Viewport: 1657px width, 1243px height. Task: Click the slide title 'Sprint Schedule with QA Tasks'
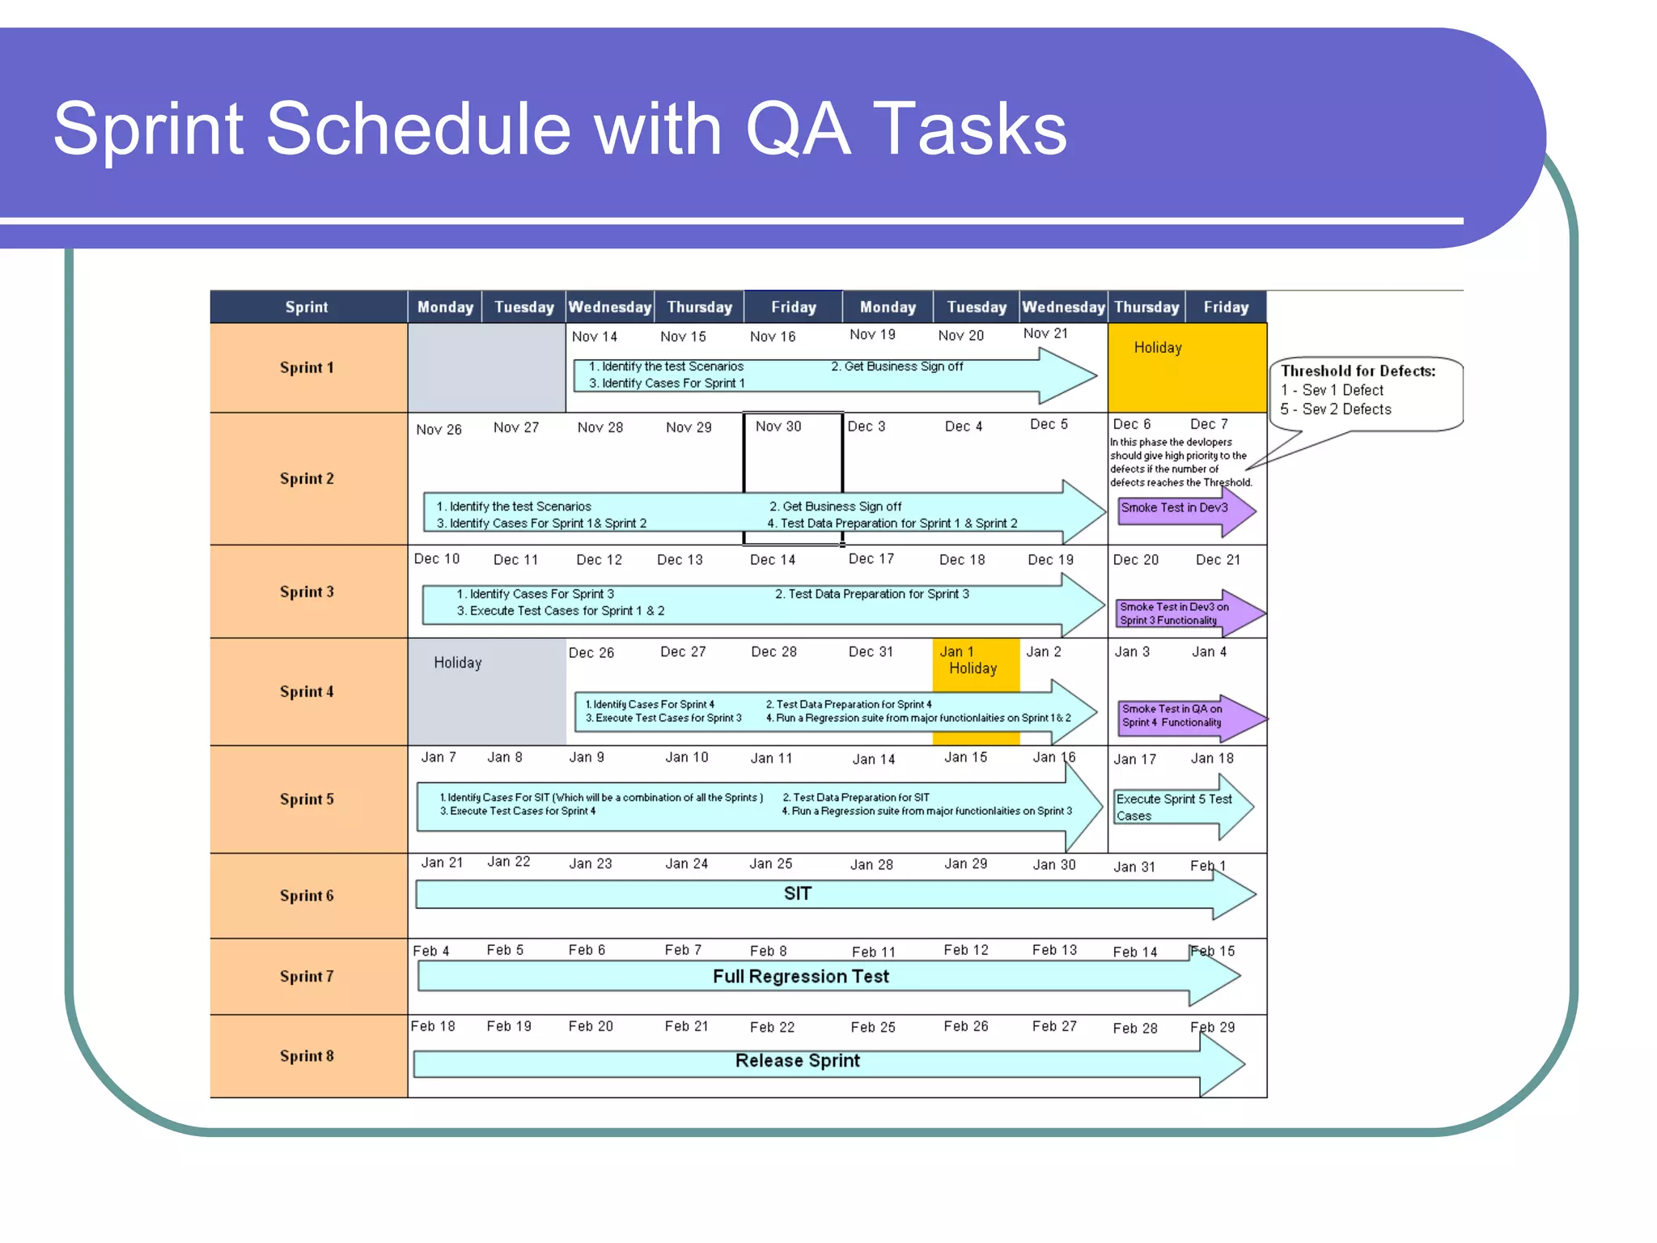[560, 129]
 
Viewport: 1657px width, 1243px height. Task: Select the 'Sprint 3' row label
[307, 592]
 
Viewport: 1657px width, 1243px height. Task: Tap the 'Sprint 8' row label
[307, 1055]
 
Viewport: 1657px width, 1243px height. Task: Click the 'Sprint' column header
[307, 307]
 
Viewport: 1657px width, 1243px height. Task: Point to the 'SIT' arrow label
[797, 893]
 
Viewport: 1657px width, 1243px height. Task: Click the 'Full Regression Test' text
[800, 977]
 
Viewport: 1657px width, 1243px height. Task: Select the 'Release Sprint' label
[797, 1060]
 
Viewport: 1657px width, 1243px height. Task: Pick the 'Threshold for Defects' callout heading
[1358, 371]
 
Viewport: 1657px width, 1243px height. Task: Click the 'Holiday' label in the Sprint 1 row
[1158, 347]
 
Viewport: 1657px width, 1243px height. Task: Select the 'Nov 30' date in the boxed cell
[778, 426]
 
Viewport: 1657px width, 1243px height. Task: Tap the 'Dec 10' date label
[437, 558]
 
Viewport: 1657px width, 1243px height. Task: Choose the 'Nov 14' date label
[595, 336]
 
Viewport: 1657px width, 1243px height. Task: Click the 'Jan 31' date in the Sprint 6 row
[1134, 867]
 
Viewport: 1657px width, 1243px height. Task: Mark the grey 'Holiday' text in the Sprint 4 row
[458, 663]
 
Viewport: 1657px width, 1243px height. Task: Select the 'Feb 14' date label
[1135, 952]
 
